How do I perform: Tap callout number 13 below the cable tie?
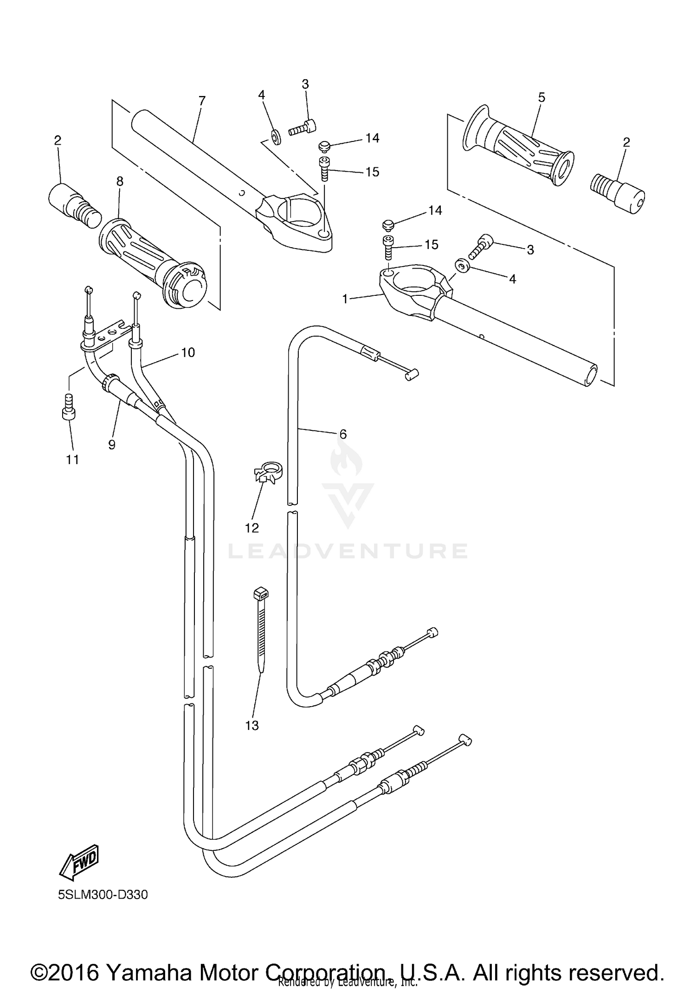[252, 726]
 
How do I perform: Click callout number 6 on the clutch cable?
[343, 434]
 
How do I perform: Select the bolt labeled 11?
[69, 407]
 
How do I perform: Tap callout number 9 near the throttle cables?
[112, 445]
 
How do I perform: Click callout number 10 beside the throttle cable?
[187, 352]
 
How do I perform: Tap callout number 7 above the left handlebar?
[201, 101]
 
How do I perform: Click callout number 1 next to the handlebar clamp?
[345, 299]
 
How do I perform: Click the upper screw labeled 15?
[323, 169]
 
